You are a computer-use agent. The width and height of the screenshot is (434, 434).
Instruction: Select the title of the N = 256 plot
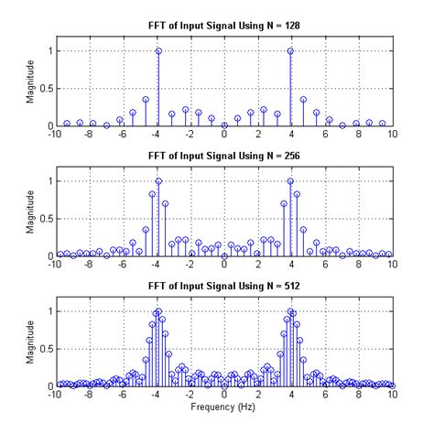coord(223,157)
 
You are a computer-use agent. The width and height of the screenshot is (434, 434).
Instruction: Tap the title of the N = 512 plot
coord(223,288)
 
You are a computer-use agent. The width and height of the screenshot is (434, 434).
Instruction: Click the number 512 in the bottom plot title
coord(282,288)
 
